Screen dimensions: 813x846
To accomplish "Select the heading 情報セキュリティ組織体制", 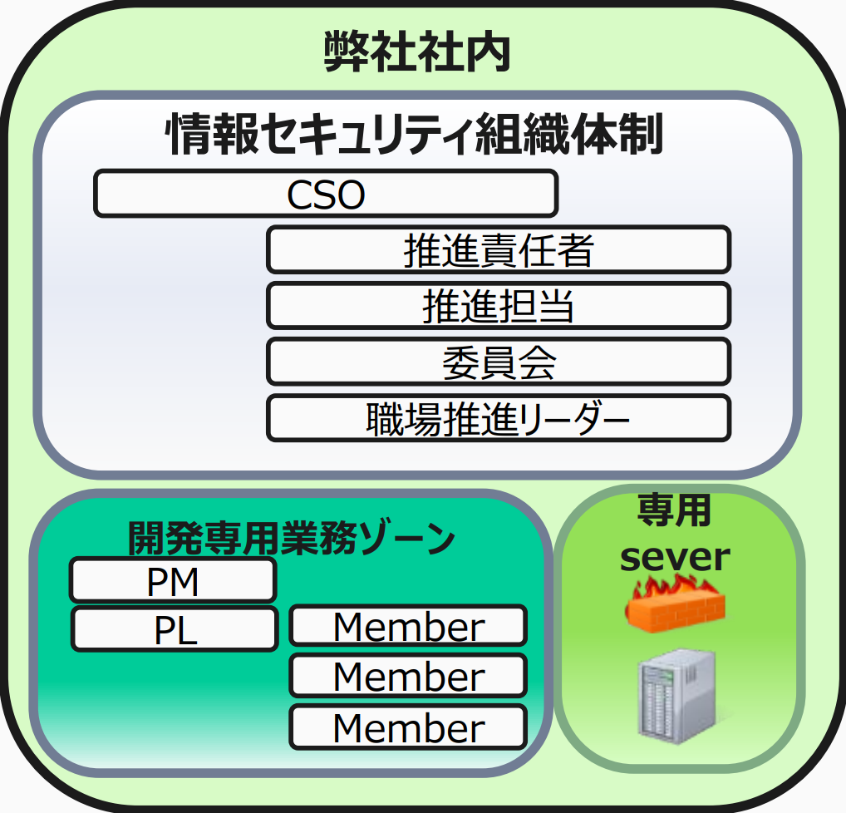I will coord(416,135).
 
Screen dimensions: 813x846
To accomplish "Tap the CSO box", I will coord(326,194).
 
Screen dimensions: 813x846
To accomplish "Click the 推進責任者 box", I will coord(499,249).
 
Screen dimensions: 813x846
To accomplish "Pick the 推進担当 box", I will coord(499,306).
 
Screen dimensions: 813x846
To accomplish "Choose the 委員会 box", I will coord(499,362).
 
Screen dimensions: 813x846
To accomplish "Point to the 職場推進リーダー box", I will coord(499,418).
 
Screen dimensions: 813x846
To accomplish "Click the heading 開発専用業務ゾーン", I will coord(292,538).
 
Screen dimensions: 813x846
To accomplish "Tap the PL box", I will coord(175,629).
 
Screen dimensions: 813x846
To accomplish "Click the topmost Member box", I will coord(408,626).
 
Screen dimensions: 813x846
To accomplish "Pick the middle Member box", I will coord(408,676).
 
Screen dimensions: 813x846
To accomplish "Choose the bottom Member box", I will coord(408,727).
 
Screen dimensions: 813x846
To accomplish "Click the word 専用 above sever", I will coord(674,510).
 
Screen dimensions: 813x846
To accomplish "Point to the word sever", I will coord(675,556).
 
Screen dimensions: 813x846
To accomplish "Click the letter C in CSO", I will coord(298,195).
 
